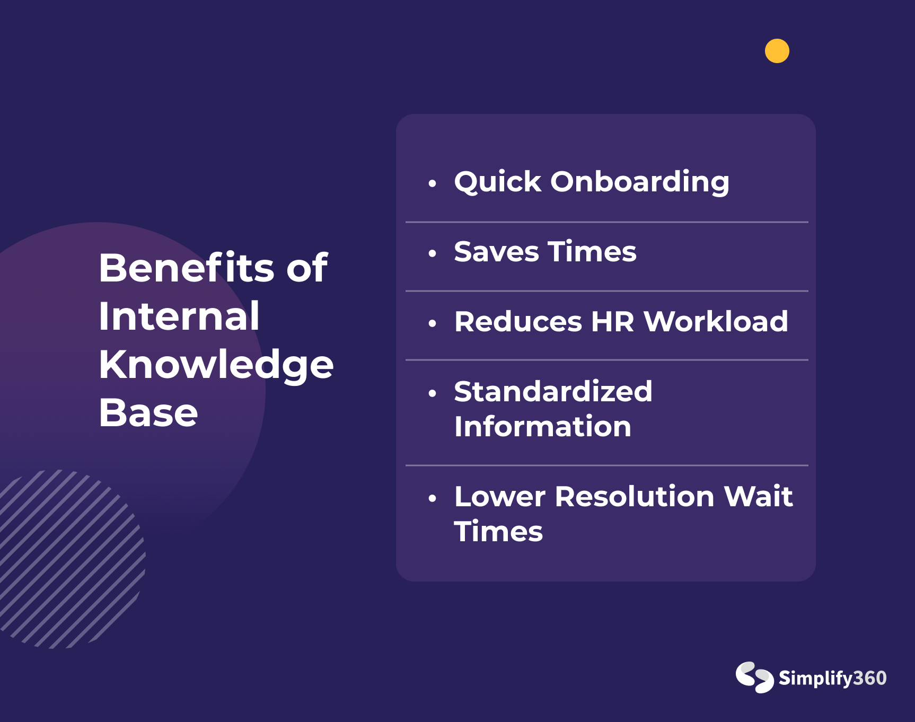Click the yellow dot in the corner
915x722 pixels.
[777, 51]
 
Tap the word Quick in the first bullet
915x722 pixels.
[498, 182]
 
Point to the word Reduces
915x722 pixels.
[518, 321]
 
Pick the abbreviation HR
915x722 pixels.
[612, 321]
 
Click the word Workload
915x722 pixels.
[716, 321]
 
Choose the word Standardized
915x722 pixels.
[553, 392]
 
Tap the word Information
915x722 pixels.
[543, 426]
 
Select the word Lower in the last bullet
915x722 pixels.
[500, 497]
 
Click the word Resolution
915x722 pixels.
[635, 497]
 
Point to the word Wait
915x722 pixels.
[758, 497]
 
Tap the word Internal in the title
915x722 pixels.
[179, 316]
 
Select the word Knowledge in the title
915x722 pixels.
[216, 365]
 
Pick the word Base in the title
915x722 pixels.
[148, 412]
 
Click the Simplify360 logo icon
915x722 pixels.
[754, 677]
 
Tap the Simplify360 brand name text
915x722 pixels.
[832, 679]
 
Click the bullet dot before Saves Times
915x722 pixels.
[433, 253]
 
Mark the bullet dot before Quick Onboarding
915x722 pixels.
[433, 183]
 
